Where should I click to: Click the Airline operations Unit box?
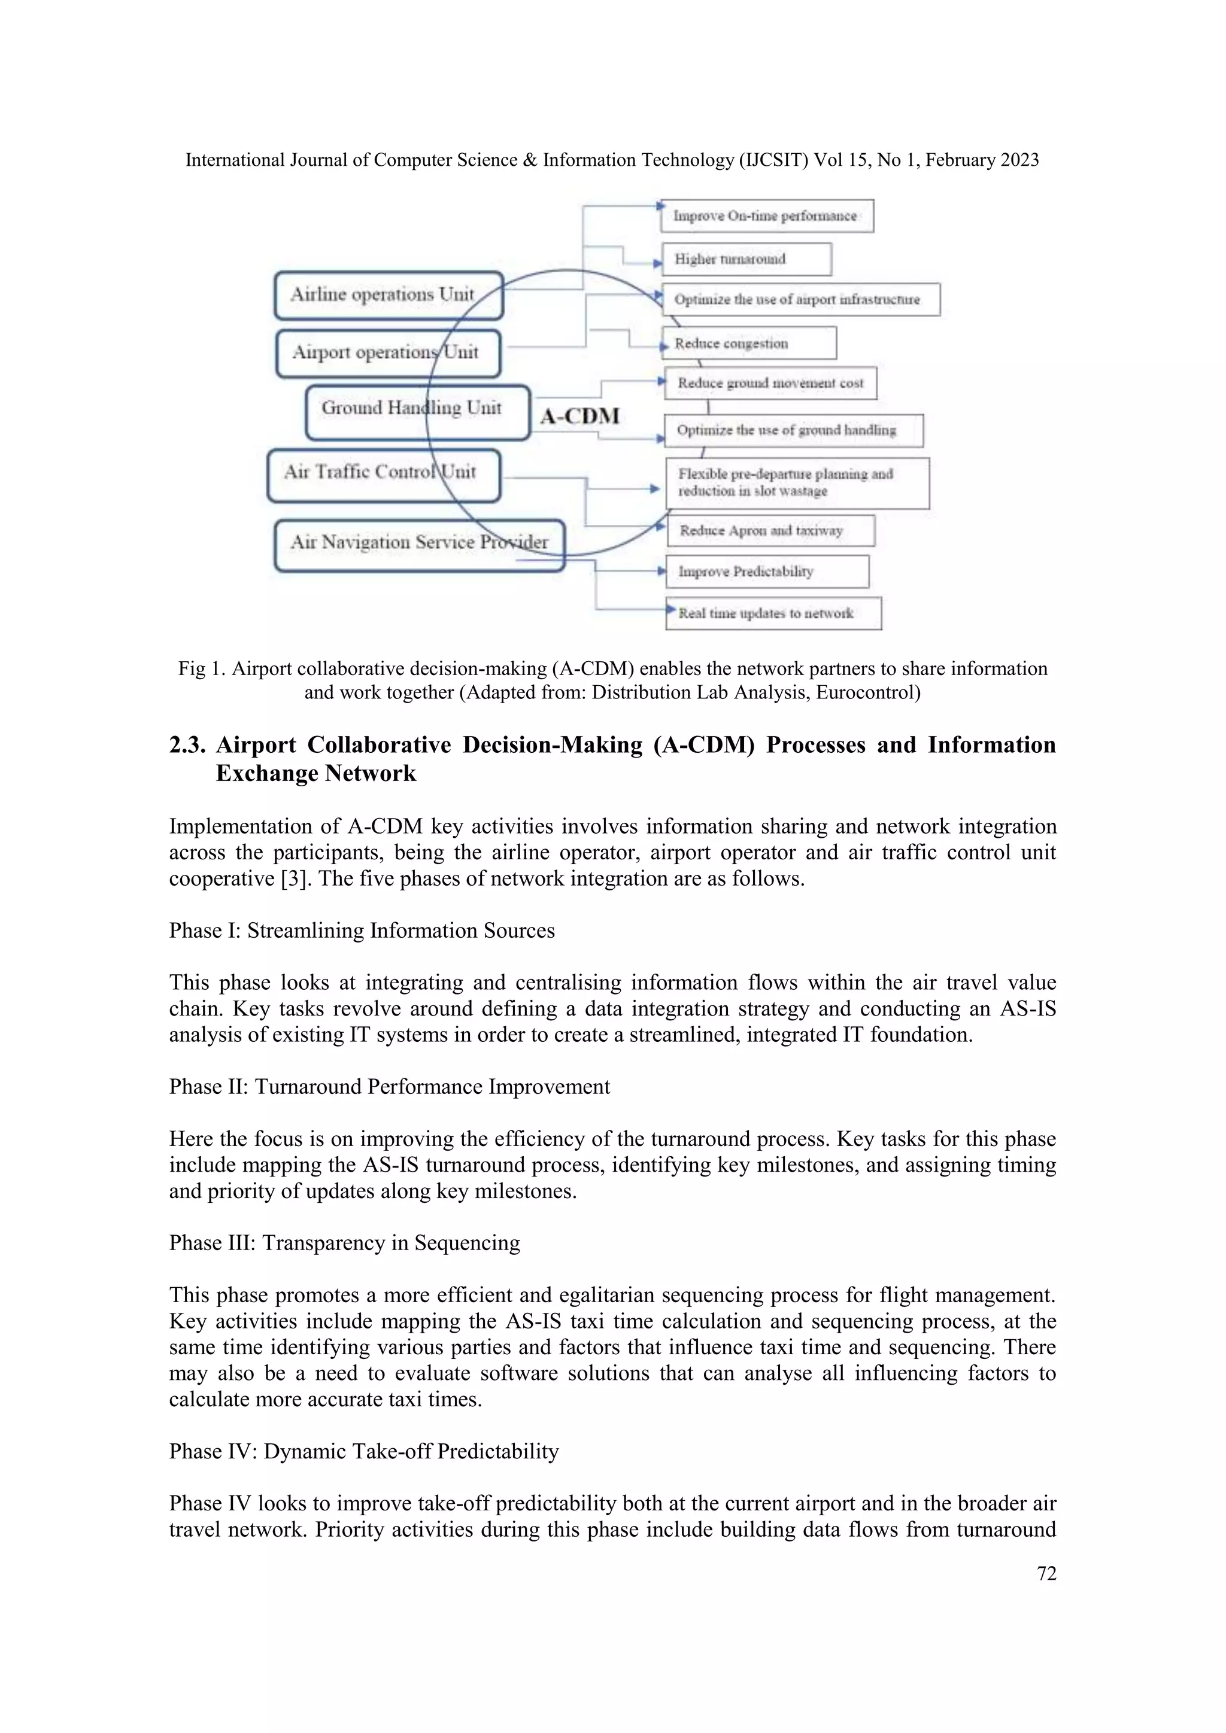tap(388, 295)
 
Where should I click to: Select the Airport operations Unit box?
tap(388, 352)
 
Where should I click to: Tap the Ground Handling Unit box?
tap(417, 412)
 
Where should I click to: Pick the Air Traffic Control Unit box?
tap(384, 475)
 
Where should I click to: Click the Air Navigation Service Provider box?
tap(419, 544)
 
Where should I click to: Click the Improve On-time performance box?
tap(766, 216)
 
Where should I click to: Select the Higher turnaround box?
tap(746, 259)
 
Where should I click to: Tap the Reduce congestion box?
tap(749, 343)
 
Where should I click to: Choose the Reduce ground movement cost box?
tap(770, 384)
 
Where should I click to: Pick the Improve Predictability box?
tap(767, 571)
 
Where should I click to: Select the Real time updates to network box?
tap(773, 613)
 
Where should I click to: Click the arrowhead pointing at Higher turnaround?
tap(657, 263)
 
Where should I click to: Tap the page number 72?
tap(1046, 1574)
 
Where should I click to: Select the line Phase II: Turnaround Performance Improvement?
tap(389, 1087)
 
